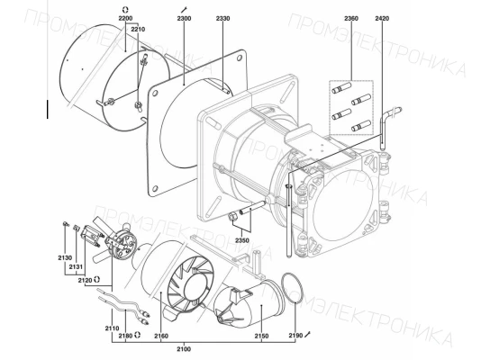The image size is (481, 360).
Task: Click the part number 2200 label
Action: pyautogui.click(x=125, y=18)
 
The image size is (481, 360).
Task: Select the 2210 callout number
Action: pyautogui.click(x=138, y=30)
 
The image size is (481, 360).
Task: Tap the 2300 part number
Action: pyautogui.click(x=184, y=18)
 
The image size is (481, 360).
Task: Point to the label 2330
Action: pyautogui.click(x=223, y=18)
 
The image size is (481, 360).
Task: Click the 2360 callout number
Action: pyautogui.click(x=351, y=18)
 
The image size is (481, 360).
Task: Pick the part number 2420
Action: pyautogui.click(x=382, y=18)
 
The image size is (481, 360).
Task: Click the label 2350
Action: pyautogui.click(x=242, y=240)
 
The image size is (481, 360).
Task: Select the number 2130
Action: pyautogui.click(x=65, y=257)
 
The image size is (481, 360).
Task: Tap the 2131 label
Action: pyautogui.click(x=76, y=267)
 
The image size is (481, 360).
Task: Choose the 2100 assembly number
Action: pyautogui.click(x=184, y=349)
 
